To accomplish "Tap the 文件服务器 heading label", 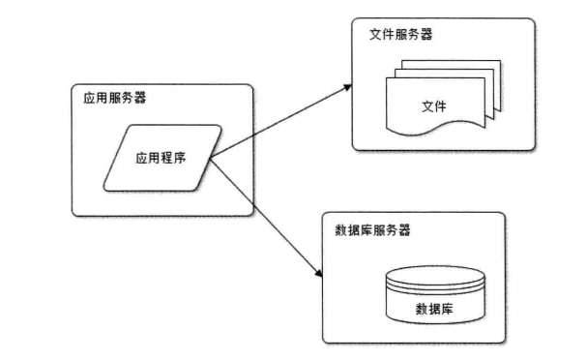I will point(401,34).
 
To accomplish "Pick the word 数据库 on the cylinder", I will point(435,309).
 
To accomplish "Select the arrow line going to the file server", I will point(280,121).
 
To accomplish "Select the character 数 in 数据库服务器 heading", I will point(340,231).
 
